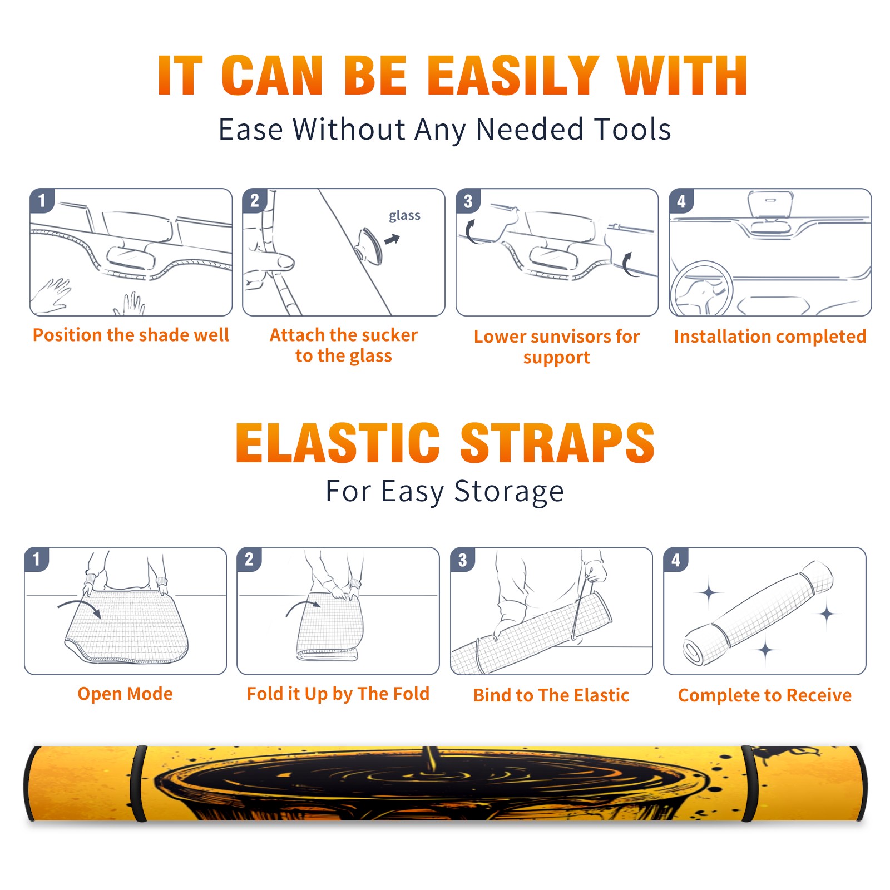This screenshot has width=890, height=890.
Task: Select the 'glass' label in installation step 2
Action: pyautogui.click(x=404, y=216)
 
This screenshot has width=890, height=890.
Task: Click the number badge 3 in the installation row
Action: pyautogui.click(x=468, y=201)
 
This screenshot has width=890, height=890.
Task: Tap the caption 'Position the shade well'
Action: pyautogui.click(x=131, y=335)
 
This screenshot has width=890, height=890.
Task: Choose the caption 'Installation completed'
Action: pyautogui.click(x=770, y=336)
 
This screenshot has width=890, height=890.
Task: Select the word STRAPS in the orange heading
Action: pyautogui.click(x=557, y=443)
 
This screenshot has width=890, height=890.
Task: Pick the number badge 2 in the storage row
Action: pyautogui.click(x=249, y=559)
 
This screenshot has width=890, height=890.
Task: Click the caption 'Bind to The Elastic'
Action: pyautogui.click(x=551, y=695)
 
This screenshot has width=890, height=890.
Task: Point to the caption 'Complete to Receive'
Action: pyautogui.click(x=765, y=695)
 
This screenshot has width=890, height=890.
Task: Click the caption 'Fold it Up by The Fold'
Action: pyautogui.click(x=338, y=694)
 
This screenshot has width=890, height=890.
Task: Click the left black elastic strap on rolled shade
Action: pyautogui.click(x=139, y=783)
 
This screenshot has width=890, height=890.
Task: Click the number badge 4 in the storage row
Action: pyautogui.click(x=676, y=560)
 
